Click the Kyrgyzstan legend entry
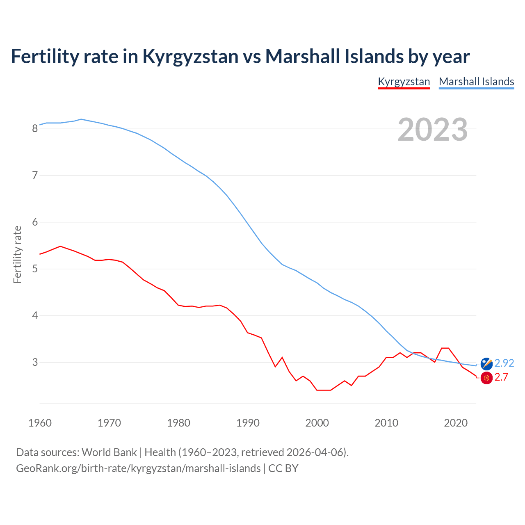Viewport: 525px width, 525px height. point(404,82)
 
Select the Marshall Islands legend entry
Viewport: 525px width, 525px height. point(476,82)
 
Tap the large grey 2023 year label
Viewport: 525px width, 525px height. point(432,130)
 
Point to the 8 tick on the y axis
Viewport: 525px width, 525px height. point(35,129)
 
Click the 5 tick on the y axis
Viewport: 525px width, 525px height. point(35,269)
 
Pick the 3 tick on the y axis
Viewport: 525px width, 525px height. point(35,363)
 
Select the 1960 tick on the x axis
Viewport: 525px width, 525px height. point(40,423)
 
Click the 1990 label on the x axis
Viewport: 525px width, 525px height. point(248,423)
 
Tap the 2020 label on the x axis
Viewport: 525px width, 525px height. point(456,423)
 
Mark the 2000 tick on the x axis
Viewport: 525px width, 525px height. point(317,423)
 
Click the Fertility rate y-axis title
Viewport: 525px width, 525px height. point(17,254)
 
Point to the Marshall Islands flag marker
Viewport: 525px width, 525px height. point(486,363)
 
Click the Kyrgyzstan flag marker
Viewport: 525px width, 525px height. point(486,378)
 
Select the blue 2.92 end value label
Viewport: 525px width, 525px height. point(504,363)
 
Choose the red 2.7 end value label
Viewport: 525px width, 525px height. point(501,377)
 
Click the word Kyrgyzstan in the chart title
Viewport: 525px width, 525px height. point(190,56)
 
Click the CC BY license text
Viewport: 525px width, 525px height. point(283,468)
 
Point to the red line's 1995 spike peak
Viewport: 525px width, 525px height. point(282,357)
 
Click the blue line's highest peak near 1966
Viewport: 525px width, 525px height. point(81,119)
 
